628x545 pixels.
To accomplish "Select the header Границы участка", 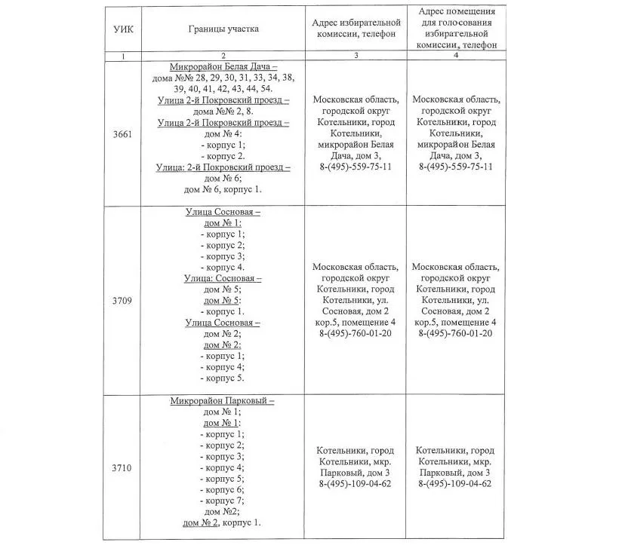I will (223, 29).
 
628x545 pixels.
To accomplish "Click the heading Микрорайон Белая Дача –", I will (223, 66).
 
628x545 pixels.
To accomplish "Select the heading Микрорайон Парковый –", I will (223, 401).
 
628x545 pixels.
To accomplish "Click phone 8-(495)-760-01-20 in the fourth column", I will (456, 333).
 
